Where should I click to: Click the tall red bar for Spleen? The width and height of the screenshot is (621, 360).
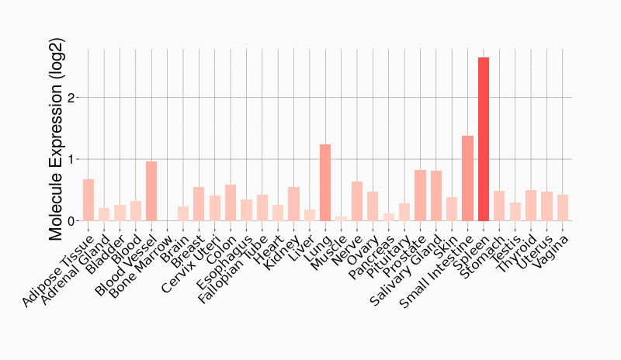pos(484,140)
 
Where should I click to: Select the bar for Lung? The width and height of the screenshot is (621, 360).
pos(325,183)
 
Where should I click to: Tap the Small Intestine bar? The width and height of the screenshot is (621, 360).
pos(467,178)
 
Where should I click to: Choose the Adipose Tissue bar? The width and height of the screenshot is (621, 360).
pos(88,200)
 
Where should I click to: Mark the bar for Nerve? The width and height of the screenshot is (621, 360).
pos(357,202)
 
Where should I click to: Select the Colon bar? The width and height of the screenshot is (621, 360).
pos(231,203)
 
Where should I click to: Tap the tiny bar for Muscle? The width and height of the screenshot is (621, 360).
pos(342,219)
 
